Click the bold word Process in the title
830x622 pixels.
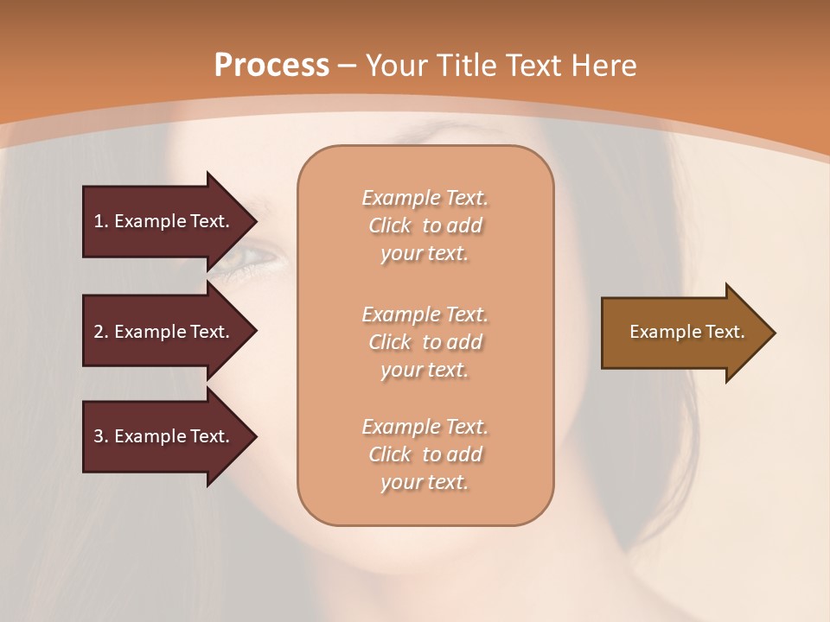(271, 66)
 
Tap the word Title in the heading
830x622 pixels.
(466, 66)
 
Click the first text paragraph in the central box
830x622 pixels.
(425, 225)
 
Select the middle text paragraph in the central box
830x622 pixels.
(425, 342)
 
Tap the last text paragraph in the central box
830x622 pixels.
(425, 454)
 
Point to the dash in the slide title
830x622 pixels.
(348, 66)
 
